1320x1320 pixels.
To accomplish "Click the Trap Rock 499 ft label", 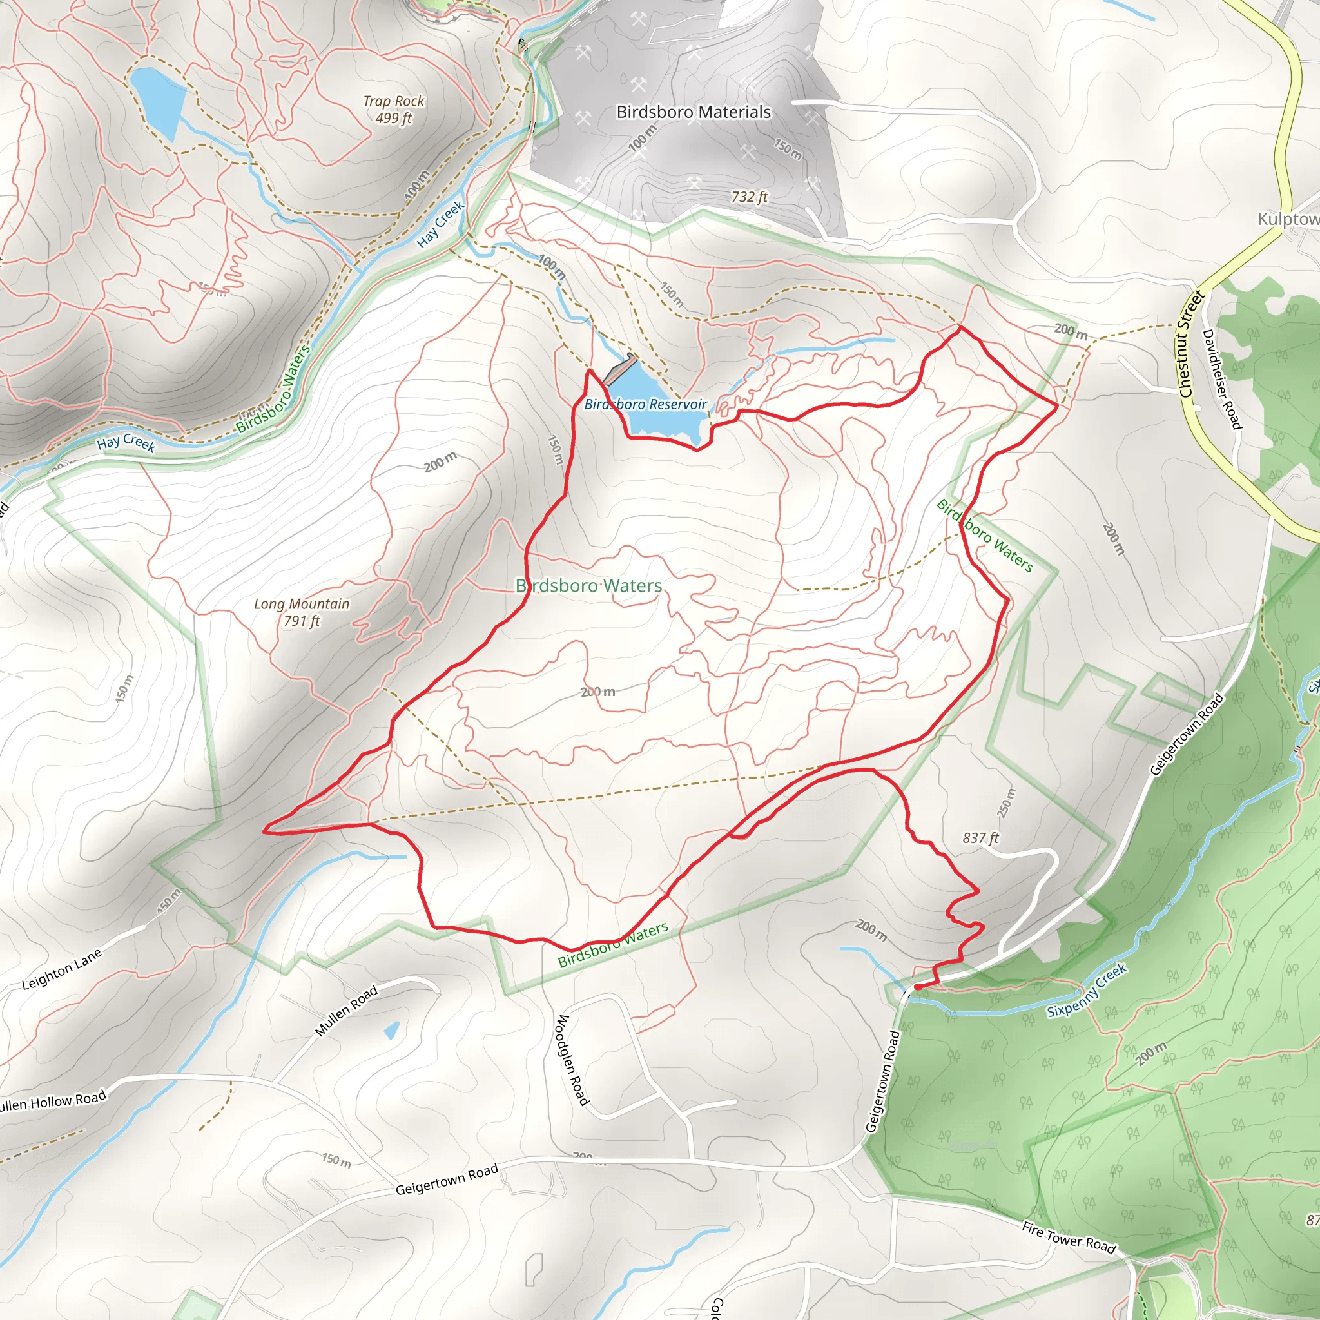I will [x=394, y=110].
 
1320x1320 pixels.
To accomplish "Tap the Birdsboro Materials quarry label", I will [x=694, y=112].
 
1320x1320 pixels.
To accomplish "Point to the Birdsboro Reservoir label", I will [x=645, y=405].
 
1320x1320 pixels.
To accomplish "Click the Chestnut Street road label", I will [x=1190, y=344].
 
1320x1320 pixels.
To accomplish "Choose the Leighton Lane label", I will [x=61, y=969].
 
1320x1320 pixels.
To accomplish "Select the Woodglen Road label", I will [x=572, y=1060].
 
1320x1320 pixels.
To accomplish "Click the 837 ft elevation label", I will [x=980, y=838].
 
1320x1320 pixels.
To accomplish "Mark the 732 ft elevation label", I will [x=750, y=197].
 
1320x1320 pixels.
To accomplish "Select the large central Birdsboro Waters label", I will [x=589, y=585].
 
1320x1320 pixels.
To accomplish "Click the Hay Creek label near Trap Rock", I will [x=441, y=223].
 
